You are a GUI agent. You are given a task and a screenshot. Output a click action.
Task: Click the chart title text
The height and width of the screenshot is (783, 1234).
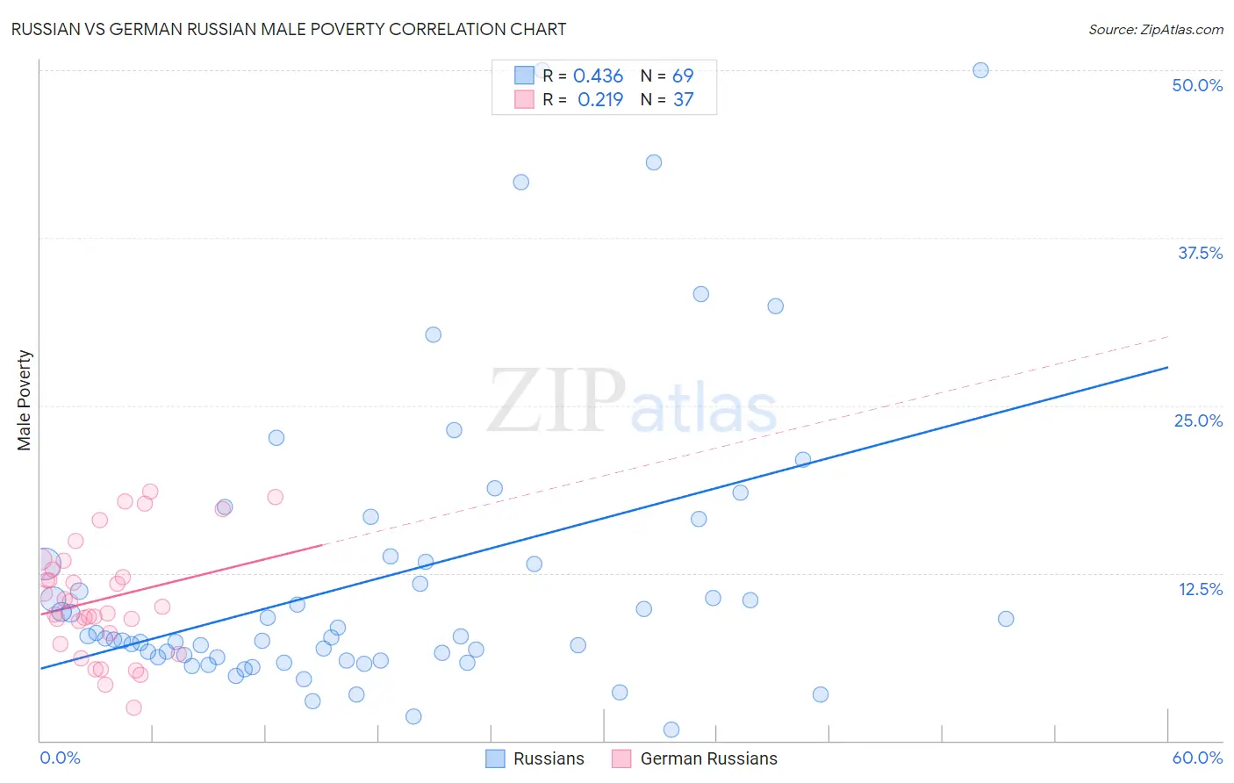coord(288,29)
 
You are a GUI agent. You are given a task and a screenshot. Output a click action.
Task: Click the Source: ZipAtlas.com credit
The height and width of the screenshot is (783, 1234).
coord(1155,29)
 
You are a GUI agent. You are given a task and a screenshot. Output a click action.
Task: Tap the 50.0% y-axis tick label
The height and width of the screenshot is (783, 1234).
coord(1197,85)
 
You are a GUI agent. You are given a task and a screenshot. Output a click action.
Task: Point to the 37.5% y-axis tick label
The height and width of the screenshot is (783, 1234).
coord(1200,253)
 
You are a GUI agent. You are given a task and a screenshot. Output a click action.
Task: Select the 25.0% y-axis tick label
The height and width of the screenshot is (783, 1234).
coord(1198,420)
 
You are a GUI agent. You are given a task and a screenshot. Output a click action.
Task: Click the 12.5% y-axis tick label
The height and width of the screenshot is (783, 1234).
coord(1200,589)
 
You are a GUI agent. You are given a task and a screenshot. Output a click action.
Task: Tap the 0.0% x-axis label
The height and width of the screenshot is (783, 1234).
coord(60,758)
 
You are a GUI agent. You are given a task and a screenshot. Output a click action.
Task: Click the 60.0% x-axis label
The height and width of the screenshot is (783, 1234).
coord(1197,758)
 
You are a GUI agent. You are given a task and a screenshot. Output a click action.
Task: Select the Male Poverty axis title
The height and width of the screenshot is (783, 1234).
coord(25,400)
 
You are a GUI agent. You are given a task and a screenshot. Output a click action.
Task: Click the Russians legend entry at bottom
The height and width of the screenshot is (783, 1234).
coord(535,758)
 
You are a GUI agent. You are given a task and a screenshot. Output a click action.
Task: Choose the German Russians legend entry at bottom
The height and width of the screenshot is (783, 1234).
coord(694,758)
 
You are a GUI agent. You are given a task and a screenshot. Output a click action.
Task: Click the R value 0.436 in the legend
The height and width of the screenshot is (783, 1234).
coord(598,76)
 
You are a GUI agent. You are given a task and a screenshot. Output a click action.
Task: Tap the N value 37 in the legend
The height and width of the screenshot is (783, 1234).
coord(683,100)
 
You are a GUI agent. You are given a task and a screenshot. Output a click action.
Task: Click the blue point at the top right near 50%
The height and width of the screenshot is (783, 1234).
coord(980,70)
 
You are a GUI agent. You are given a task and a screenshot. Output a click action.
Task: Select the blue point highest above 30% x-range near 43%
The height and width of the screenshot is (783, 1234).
coord(653,162)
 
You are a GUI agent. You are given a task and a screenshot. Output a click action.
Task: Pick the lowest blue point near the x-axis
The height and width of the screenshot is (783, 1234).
coord(671,729)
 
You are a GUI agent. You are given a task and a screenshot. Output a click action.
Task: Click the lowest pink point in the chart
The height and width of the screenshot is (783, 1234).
coord(133,708)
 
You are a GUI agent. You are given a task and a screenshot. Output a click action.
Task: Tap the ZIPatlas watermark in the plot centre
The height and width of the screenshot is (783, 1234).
coord(632,402)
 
